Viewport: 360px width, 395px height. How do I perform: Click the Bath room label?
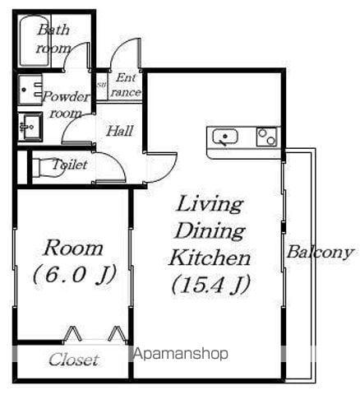(x=53, y=39)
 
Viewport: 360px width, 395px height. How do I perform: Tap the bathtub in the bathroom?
(x=35, y=40)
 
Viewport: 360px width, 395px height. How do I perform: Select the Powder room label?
(x=66, y=105)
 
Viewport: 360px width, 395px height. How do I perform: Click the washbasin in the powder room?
(x=30, y=127)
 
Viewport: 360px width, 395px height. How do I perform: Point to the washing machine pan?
(x=30, y=89)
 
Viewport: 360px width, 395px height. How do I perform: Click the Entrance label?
(x=126, y=85)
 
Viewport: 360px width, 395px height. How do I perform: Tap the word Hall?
(x=120, y=131)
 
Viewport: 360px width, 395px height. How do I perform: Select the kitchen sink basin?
(x=225, y=137)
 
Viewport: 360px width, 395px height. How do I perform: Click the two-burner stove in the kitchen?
(x=266, y=137)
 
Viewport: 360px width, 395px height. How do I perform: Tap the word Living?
(x=210, y=205)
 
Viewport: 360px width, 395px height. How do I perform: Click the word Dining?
(x=210, y=231)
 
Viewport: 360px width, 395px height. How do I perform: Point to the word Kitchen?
(x=210, y=258)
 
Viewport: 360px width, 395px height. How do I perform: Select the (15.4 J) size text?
(x=210, y=285)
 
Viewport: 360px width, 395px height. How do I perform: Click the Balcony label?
(x=320, y=253)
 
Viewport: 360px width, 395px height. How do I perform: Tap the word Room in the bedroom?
(x=73, y=249)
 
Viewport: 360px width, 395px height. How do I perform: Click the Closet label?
(x=73, y=360)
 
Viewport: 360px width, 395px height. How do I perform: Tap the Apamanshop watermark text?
(x=180, y=354)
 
